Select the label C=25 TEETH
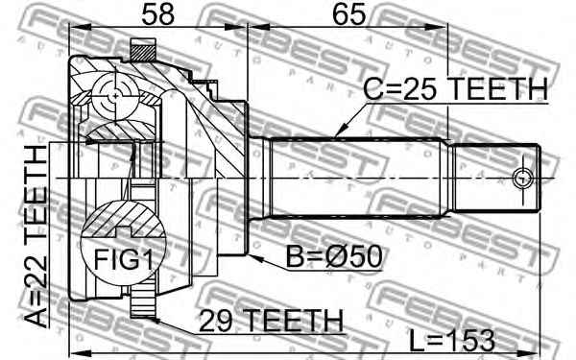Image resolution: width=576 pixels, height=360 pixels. pos(453,89)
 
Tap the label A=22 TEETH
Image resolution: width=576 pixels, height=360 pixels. pos(36,233)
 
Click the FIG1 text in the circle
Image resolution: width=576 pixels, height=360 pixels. pos(119,257)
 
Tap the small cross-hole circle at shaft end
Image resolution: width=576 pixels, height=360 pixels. pos(522,178)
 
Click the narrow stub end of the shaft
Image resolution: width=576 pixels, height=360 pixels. pos(495,178)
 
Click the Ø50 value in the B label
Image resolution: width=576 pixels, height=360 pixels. pos(351,257)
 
